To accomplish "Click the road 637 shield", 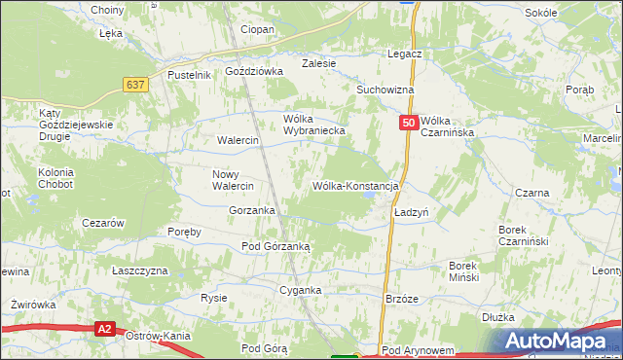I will pyautogui.click(x=136, y=85).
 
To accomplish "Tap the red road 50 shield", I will pyautogui.click(x=409, y=124).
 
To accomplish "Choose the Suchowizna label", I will pyautogui.click(x=385, y=90).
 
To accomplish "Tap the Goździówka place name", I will pyautogui.click(x=253, y=71).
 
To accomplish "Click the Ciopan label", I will pyautogui.click(x=258, y=29).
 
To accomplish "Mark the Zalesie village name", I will pyautogui.click(x=318, y=63).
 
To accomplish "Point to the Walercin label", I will pyautogui.click(x=238, y=140).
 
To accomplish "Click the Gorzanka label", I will pyautogui.click(x=252, y=210).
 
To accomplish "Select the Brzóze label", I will pyautogui.click(x=402, y=299).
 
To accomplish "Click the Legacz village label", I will pyautogui.click(x=403, y=54).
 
